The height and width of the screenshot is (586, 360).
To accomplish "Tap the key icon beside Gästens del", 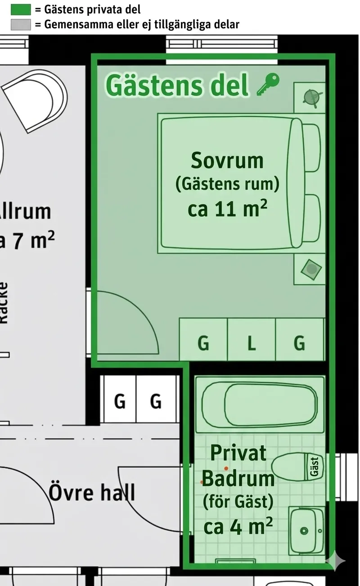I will pos(268,84).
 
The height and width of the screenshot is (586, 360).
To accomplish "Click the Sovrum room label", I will pos(227,161).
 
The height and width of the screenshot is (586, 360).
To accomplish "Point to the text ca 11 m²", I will pos(227,209).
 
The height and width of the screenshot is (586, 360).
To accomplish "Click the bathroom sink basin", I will pos(306,531).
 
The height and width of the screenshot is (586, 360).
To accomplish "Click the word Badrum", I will pos(238,479).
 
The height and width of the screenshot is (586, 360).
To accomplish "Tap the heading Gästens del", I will pos(177,85).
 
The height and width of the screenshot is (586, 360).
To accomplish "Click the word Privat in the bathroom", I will pos(238,453).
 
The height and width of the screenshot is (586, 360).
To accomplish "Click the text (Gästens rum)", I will pos(227,184).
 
